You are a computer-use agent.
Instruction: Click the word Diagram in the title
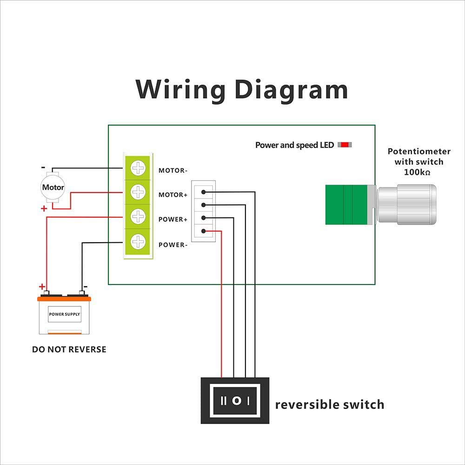coord(291,89)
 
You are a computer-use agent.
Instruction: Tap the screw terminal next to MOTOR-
coord(138,168)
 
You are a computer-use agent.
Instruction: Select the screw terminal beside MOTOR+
coord(138,192)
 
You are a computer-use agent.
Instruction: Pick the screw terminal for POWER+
coord(138,216)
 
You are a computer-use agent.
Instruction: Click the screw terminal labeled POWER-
coord(138,241)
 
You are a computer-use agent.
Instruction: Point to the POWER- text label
coord(173,245)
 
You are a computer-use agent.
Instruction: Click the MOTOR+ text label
coord(173,195)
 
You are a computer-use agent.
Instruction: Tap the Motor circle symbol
coord(53,188)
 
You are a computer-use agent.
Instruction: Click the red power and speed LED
coord(345,145)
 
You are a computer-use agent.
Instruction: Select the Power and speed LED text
coord(294,145)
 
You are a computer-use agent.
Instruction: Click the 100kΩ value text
coord(418,172)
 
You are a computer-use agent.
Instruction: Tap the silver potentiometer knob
coord(406,205)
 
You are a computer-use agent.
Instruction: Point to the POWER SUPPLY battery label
coord(65,314)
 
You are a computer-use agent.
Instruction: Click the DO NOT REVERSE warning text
coord(69,349)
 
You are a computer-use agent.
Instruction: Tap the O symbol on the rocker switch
coord(236,400)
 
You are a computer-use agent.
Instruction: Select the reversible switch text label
coord(330,405)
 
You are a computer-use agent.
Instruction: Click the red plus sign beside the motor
coord(44,209)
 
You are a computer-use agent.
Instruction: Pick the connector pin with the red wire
coord(204,230)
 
